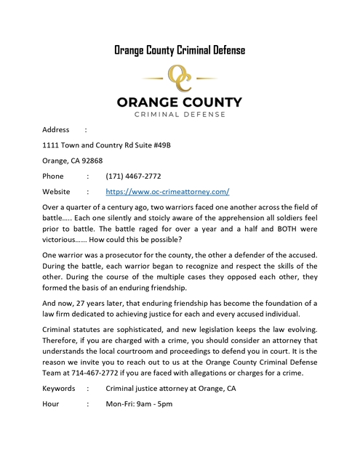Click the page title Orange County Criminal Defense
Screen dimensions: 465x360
(x=180, y=50)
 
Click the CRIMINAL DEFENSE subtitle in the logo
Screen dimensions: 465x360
(x=180, y=113)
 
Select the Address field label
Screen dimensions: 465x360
(x=56, y=129)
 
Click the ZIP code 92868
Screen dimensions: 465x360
(x=92, y=161)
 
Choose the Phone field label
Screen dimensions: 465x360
(x=53, y=177)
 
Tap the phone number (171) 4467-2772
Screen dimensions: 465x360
(x=133, y=177)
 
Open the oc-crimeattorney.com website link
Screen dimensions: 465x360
(x=167, y=192)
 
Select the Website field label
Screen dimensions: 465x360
(x=56, y=192)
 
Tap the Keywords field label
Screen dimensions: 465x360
(x=58, y=389)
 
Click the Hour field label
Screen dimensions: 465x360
(x=52, y=404)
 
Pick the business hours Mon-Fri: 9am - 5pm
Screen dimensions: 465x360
(x=139, y=404)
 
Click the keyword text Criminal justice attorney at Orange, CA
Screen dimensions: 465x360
(x=171, y=389)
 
